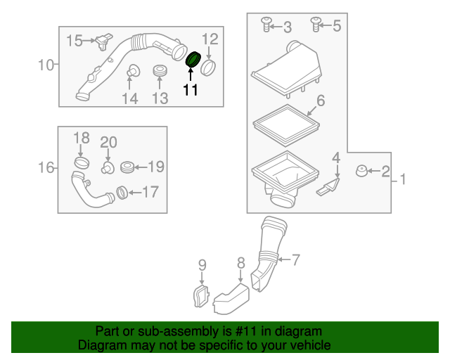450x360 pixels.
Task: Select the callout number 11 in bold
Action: [191, 89]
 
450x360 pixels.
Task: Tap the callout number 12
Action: [210, 38]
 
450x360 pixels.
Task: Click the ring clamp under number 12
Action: [209, 68]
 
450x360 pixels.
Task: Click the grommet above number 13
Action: [160, 71]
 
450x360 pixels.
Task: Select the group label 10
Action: [46, 65]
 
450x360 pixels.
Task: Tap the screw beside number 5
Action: [316, 25]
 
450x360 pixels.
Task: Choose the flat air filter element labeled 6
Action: [285, 126]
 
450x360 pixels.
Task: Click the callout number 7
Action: [295, 260]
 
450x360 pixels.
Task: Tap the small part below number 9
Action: [201, 295]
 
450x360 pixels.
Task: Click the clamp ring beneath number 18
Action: [82, 164]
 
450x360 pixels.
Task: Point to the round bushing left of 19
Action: [127, 167]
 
